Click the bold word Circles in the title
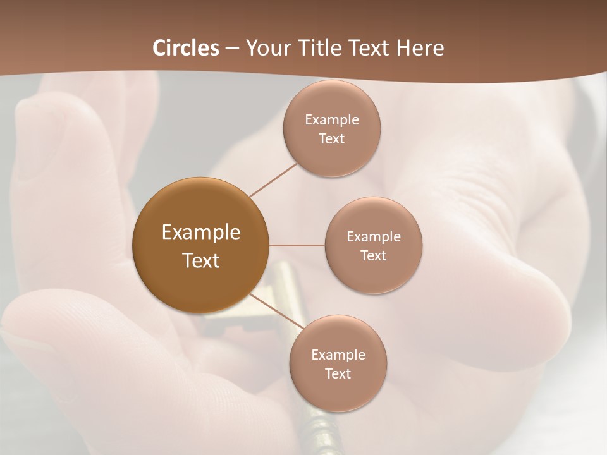185,48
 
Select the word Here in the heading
420,48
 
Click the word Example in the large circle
201,233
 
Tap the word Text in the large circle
201,260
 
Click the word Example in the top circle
332,120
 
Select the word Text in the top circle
331,139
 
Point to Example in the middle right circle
374,237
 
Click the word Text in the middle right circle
373,256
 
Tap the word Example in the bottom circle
338,355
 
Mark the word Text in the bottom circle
338,374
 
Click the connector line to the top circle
273,179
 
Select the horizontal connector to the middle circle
297,245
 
